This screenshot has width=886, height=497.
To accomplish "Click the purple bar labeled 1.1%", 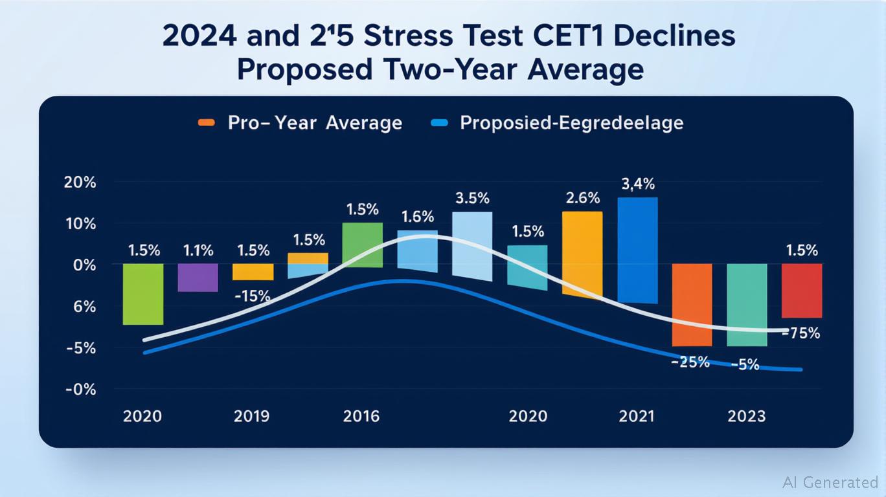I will coord(198,278).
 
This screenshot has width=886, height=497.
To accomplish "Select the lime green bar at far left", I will coord(143,294).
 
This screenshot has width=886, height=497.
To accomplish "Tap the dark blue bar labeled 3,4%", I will coord(637,250).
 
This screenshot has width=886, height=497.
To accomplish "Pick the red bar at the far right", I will coord(801,291).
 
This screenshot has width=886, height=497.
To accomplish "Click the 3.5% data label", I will coord(471,197).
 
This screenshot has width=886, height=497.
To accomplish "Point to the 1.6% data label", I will coord(417,217).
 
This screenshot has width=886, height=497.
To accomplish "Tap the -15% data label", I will coord(251,296).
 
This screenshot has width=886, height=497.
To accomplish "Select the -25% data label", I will coord(690,362).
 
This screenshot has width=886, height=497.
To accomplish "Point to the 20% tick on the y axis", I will coord(80,182).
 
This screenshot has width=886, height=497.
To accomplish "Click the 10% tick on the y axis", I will coord(80,224).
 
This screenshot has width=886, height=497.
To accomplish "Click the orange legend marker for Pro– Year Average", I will coord(206,123).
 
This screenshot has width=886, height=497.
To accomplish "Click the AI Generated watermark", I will coord(830,482).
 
